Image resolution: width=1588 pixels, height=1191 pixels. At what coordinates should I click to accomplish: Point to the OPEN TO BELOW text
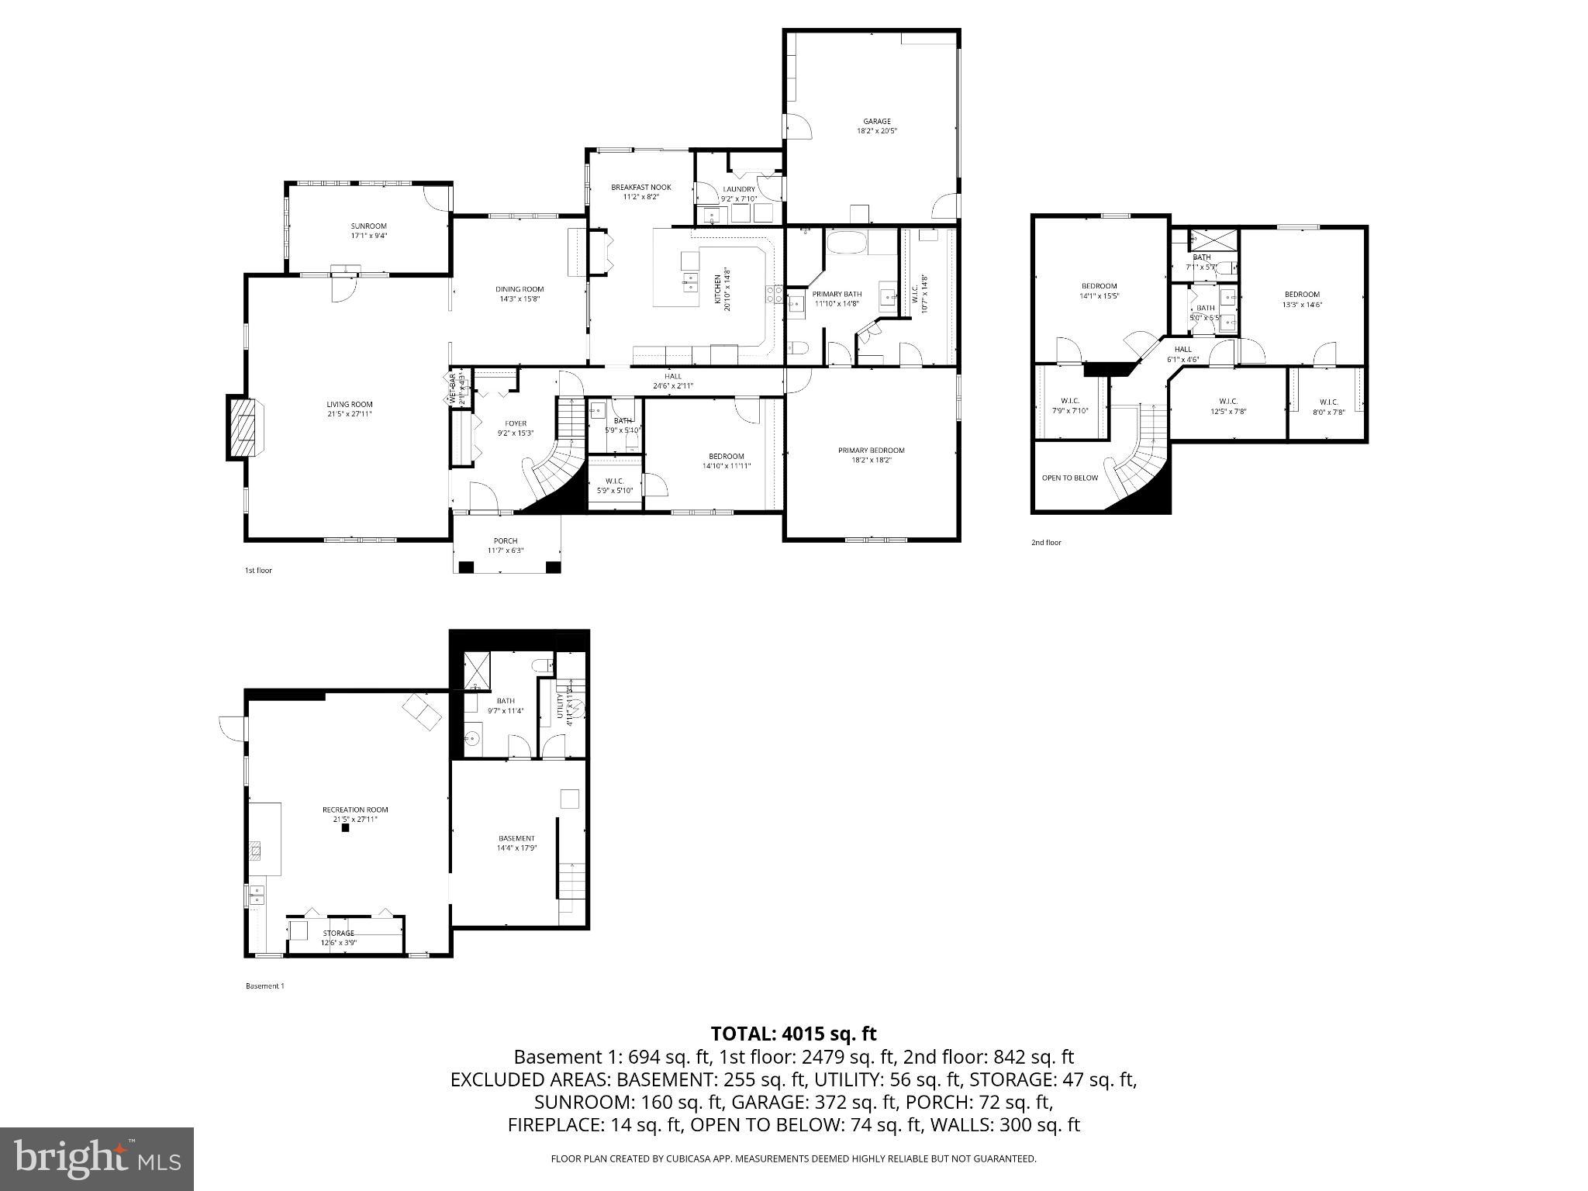pos(1069,478)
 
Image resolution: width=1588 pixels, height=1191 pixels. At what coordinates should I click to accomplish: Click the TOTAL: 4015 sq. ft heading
pos(793,1034)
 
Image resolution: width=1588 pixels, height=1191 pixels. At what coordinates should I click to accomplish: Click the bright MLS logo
pos(97,1158)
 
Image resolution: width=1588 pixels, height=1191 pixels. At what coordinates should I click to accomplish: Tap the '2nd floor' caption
pos(1045,542)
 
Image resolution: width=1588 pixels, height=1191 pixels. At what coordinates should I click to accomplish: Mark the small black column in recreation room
pos(346,827)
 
